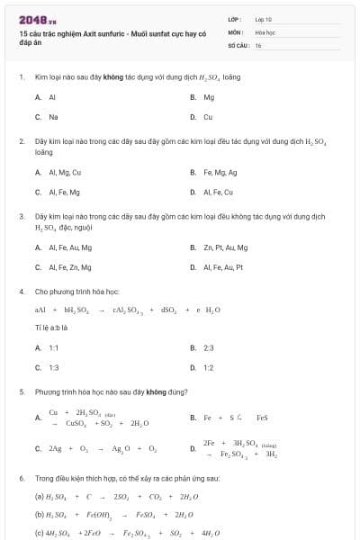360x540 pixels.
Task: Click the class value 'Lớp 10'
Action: pos(263,18)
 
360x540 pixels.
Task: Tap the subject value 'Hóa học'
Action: pos(265,31)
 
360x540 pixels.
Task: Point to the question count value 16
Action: pos(258,44)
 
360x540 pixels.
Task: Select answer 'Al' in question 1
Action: pos(52,96)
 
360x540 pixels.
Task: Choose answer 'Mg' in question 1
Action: pos(209,96)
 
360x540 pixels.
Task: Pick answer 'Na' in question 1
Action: pos(53,117)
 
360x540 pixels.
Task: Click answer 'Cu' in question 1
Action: pos(208,117)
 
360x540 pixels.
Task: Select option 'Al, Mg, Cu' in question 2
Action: pos(65,172)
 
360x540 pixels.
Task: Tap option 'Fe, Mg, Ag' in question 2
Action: pos(220,172)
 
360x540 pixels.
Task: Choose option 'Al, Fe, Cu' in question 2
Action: pos(219,192)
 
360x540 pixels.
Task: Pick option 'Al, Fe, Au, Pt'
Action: pos(224,267)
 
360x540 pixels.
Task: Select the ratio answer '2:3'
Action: pos(209,347)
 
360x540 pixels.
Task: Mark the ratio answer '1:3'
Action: pos(54,367)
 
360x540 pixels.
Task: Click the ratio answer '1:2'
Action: pos(209,367)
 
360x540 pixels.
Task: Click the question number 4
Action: pos(21,292)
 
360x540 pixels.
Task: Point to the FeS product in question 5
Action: pos(262,418)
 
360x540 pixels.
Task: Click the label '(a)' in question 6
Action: pos(40,496)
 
